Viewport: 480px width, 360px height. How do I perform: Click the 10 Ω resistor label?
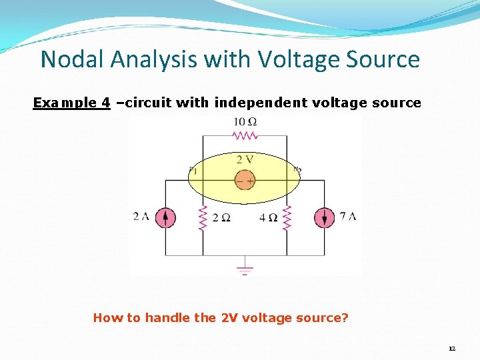coord(245,122)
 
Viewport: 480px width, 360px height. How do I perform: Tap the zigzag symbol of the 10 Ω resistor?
coord(245,135)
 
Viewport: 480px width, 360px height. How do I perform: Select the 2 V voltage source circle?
coord(245,180)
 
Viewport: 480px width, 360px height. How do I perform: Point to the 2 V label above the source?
coord(245,160)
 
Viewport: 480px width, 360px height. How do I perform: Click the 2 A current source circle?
coord(165,217)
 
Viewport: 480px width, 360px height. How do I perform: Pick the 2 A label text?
coord(141,216)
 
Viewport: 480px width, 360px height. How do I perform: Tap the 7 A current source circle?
coord(325,217)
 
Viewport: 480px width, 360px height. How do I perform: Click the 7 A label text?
coord(348,216)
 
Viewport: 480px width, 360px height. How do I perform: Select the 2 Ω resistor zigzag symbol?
coord(203,217)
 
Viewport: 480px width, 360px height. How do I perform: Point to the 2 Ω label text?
coord(221,218)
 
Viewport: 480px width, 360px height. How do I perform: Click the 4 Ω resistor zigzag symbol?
coord(287,217)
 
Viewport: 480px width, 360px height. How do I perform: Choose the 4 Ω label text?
coord(269,218)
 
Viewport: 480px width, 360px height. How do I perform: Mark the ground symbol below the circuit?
coord(245,269)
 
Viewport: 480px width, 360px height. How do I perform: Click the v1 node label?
coord(193,171)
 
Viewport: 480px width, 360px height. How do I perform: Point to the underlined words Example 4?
coord(71,103)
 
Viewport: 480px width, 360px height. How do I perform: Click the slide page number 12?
coord(452,349)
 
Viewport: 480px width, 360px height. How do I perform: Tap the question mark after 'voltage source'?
coord(345,317)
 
